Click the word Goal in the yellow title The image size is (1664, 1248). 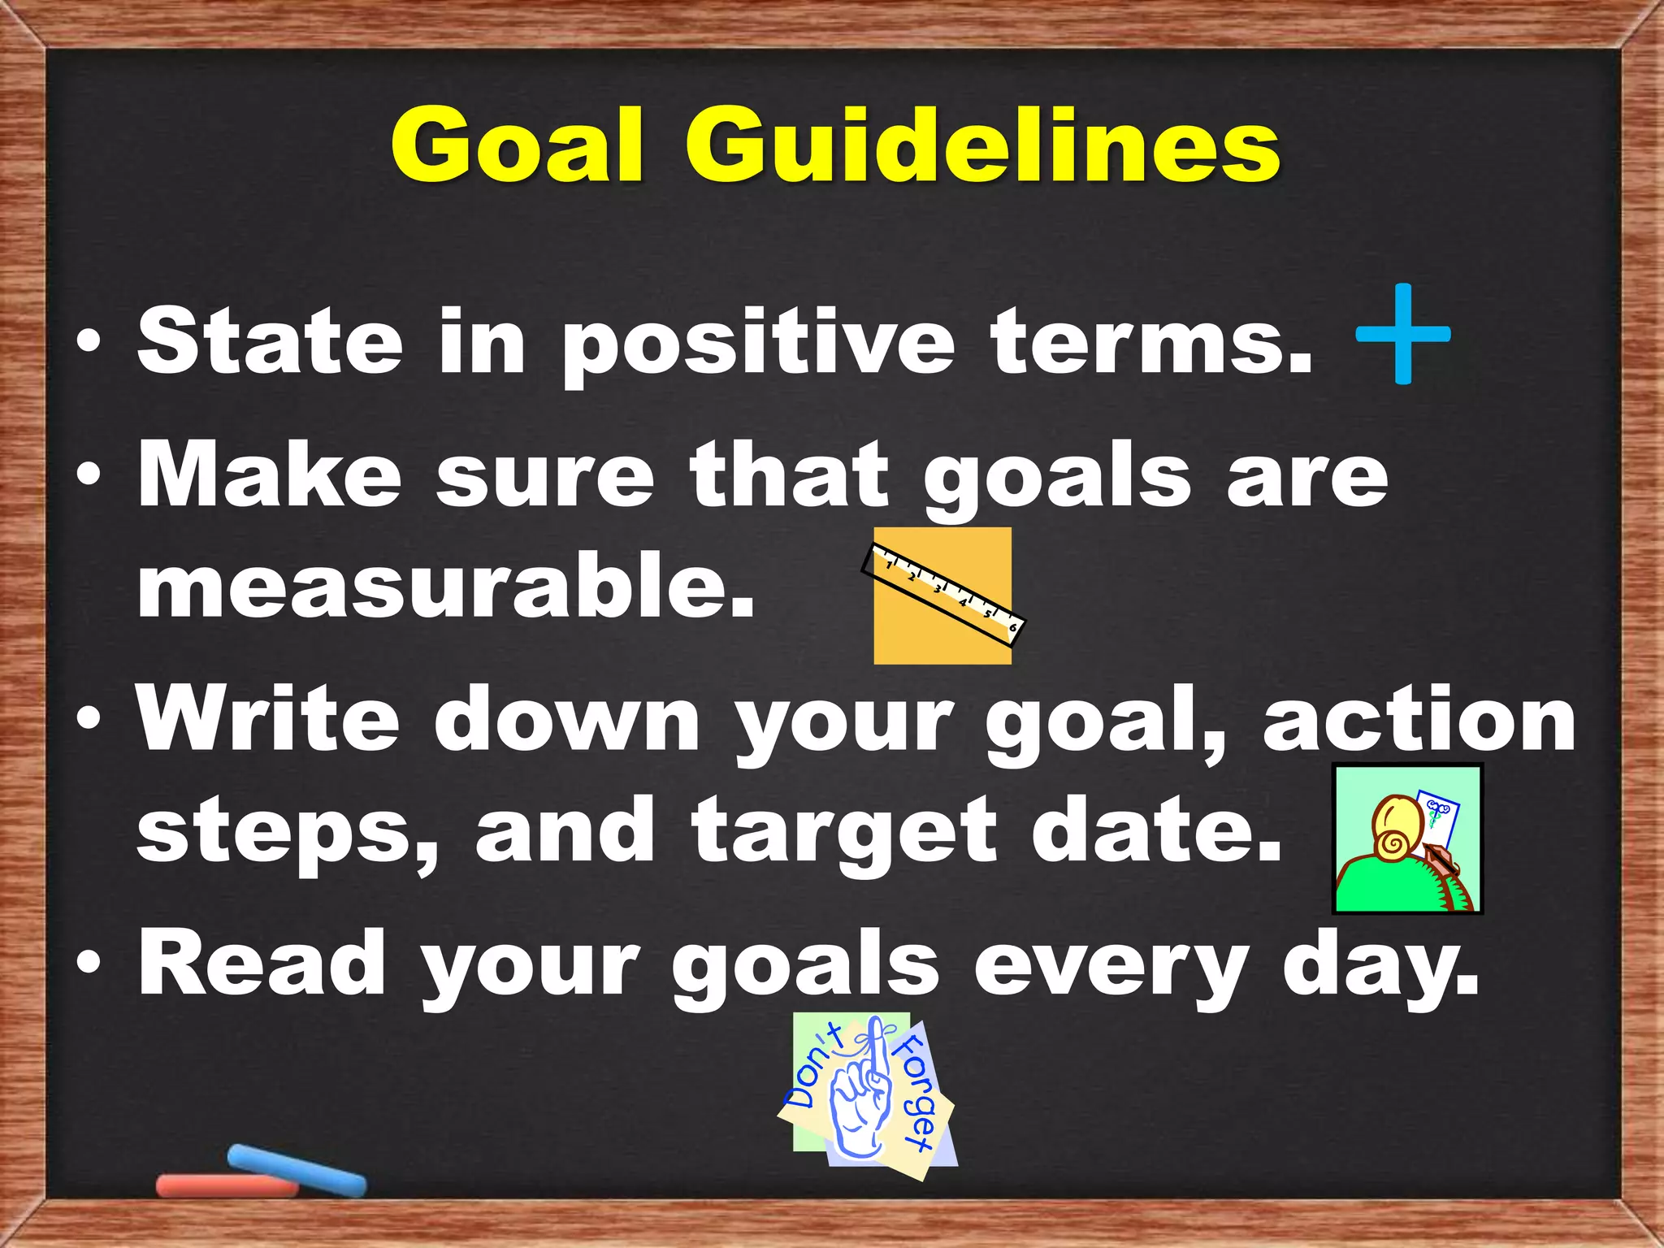(518, 146)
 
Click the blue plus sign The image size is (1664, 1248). (1403, 333)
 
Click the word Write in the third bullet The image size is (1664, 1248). (268, 719)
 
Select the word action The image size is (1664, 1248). (1419, 719)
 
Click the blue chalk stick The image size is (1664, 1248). (297, 1170)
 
